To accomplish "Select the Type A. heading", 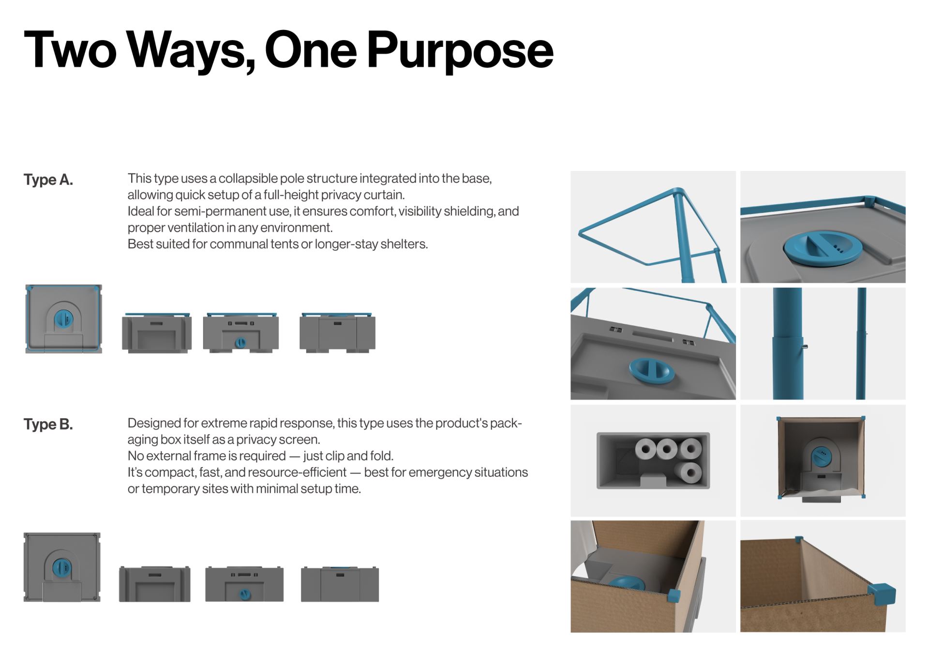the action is pyautogui.click(x=48, y=180).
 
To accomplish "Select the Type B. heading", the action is pyautogui.click(x=48, y=425).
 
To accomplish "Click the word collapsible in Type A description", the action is pyautogui.click(x=248, y=179).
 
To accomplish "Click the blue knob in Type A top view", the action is pyautogui.click(x=63, y=318).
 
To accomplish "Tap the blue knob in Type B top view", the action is pyautogui.click(x=61, y=567).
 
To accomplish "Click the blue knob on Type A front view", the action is pyautogui.click(x=240, y=343).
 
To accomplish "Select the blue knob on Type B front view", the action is pyautogui.click(x=245, y=594).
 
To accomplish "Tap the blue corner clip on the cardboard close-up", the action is pyautogui.click(x=881, y=594).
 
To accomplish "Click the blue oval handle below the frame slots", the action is pyautogui.click(x=652, y=370).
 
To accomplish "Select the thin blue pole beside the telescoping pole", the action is pyautogui.click(x=861, y=344).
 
